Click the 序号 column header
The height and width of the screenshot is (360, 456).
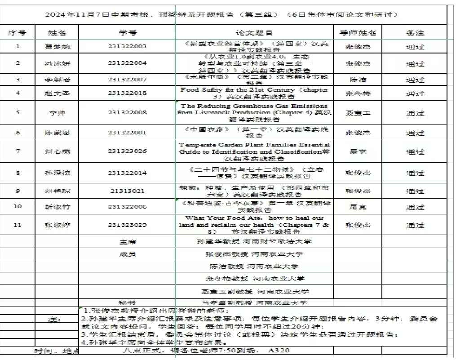pyautogui.click(x=18, y=33)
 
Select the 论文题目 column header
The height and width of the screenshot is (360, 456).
pyautogui.click(x=254, y=33)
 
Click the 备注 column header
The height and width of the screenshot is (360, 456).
pyautogui.click(x=415, y=33)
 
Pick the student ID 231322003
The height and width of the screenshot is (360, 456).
pyautogui.click(x=127, y=46)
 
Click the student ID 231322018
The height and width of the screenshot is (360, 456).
pyautogui.click(x=127, y=93)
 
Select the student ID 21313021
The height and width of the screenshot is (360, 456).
pyautogui.click(x=127, y=191)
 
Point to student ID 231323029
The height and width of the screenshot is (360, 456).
pyautogui.click(x=127, y=224)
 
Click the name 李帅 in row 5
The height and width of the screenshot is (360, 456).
pyautogui.click(x=56, y=112)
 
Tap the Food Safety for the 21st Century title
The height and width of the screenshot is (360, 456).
pyautogui.click(x=254, y=93)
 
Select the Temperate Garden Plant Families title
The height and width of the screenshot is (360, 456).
pyautogui.click(x=254, y=151)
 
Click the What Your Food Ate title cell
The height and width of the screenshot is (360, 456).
pyautogui.click(x=254, y=224)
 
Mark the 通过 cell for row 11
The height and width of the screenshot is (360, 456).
pyautogui.click(x=415, y=224)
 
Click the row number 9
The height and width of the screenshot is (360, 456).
pyautogui.click(x=18, y=191)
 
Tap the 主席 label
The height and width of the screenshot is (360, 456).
pyautogui.click(x=127, y=241)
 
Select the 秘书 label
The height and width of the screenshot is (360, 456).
pyautogui.click(x=127, y=302)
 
